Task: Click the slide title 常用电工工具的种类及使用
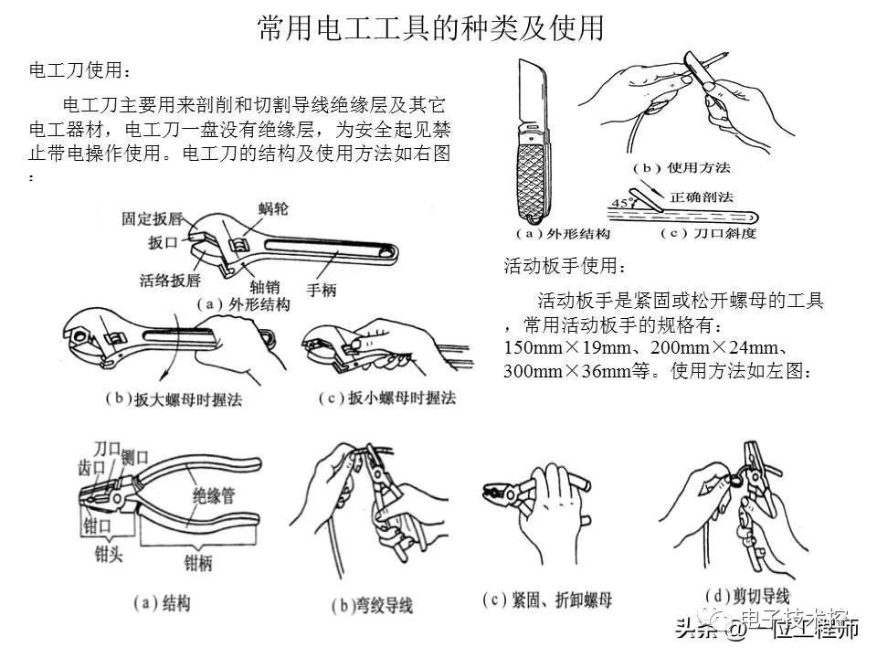point(430,27)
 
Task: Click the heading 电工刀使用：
point(80,70)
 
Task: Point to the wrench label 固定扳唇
point(152,219)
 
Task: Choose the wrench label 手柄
point(322,290)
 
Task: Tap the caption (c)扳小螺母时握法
point(388,398)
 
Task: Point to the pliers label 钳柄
point(197,563)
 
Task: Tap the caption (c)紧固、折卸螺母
point(546,600)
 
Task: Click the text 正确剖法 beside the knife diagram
point(702,196)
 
